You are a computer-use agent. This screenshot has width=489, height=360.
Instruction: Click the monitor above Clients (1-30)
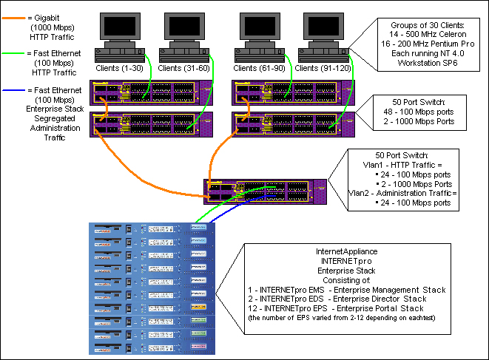[x=118, y=27]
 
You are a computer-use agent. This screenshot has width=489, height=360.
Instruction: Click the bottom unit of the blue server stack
[x=150, y=347]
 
